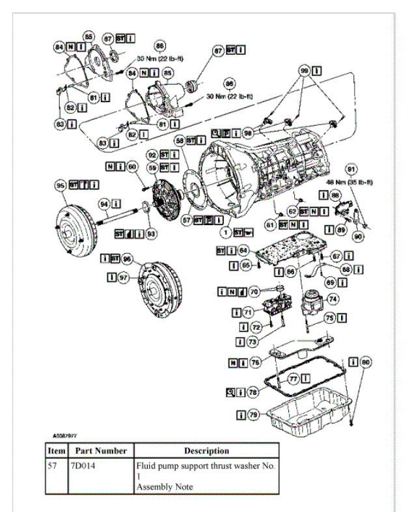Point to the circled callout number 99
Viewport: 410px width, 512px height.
tap(303, 70)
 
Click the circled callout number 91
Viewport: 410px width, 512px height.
tap(351, 170)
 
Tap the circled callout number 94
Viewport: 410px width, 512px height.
tap(103, 205)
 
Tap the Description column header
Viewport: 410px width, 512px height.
tap(206, 450)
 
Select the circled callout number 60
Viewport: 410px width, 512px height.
tap(132, 167)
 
